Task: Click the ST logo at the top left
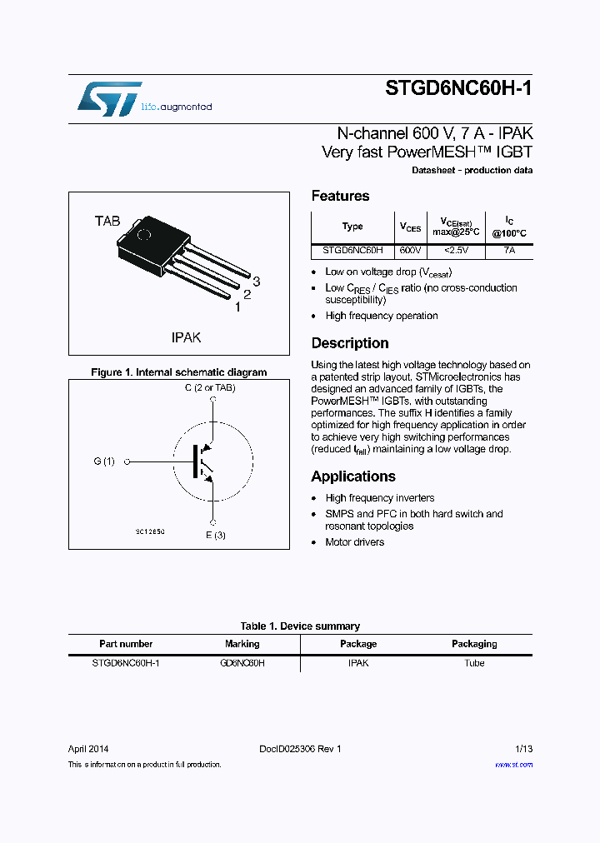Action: point(109,99)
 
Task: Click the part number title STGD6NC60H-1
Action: point(458,89)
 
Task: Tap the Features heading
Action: point(340,197)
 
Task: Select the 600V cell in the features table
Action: point(410,250)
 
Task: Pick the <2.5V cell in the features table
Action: point(456,250)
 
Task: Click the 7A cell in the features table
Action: point(508,250)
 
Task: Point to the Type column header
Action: point(352,227)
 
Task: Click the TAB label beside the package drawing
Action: point(107,221)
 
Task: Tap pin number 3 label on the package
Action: point(257,282)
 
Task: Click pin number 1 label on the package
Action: point(237,307)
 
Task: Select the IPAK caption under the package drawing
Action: point(186,337)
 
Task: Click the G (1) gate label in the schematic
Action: point(104,461)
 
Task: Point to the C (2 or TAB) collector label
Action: point(210,388)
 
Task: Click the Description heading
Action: point(350,343)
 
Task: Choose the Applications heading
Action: point(353,476)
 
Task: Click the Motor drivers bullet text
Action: point(355,542)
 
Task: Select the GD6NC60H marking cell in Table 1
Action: point(242,663)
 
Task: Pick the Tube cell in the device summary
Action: point(474,663)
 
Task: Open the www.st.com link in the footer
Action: point(513,764)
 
